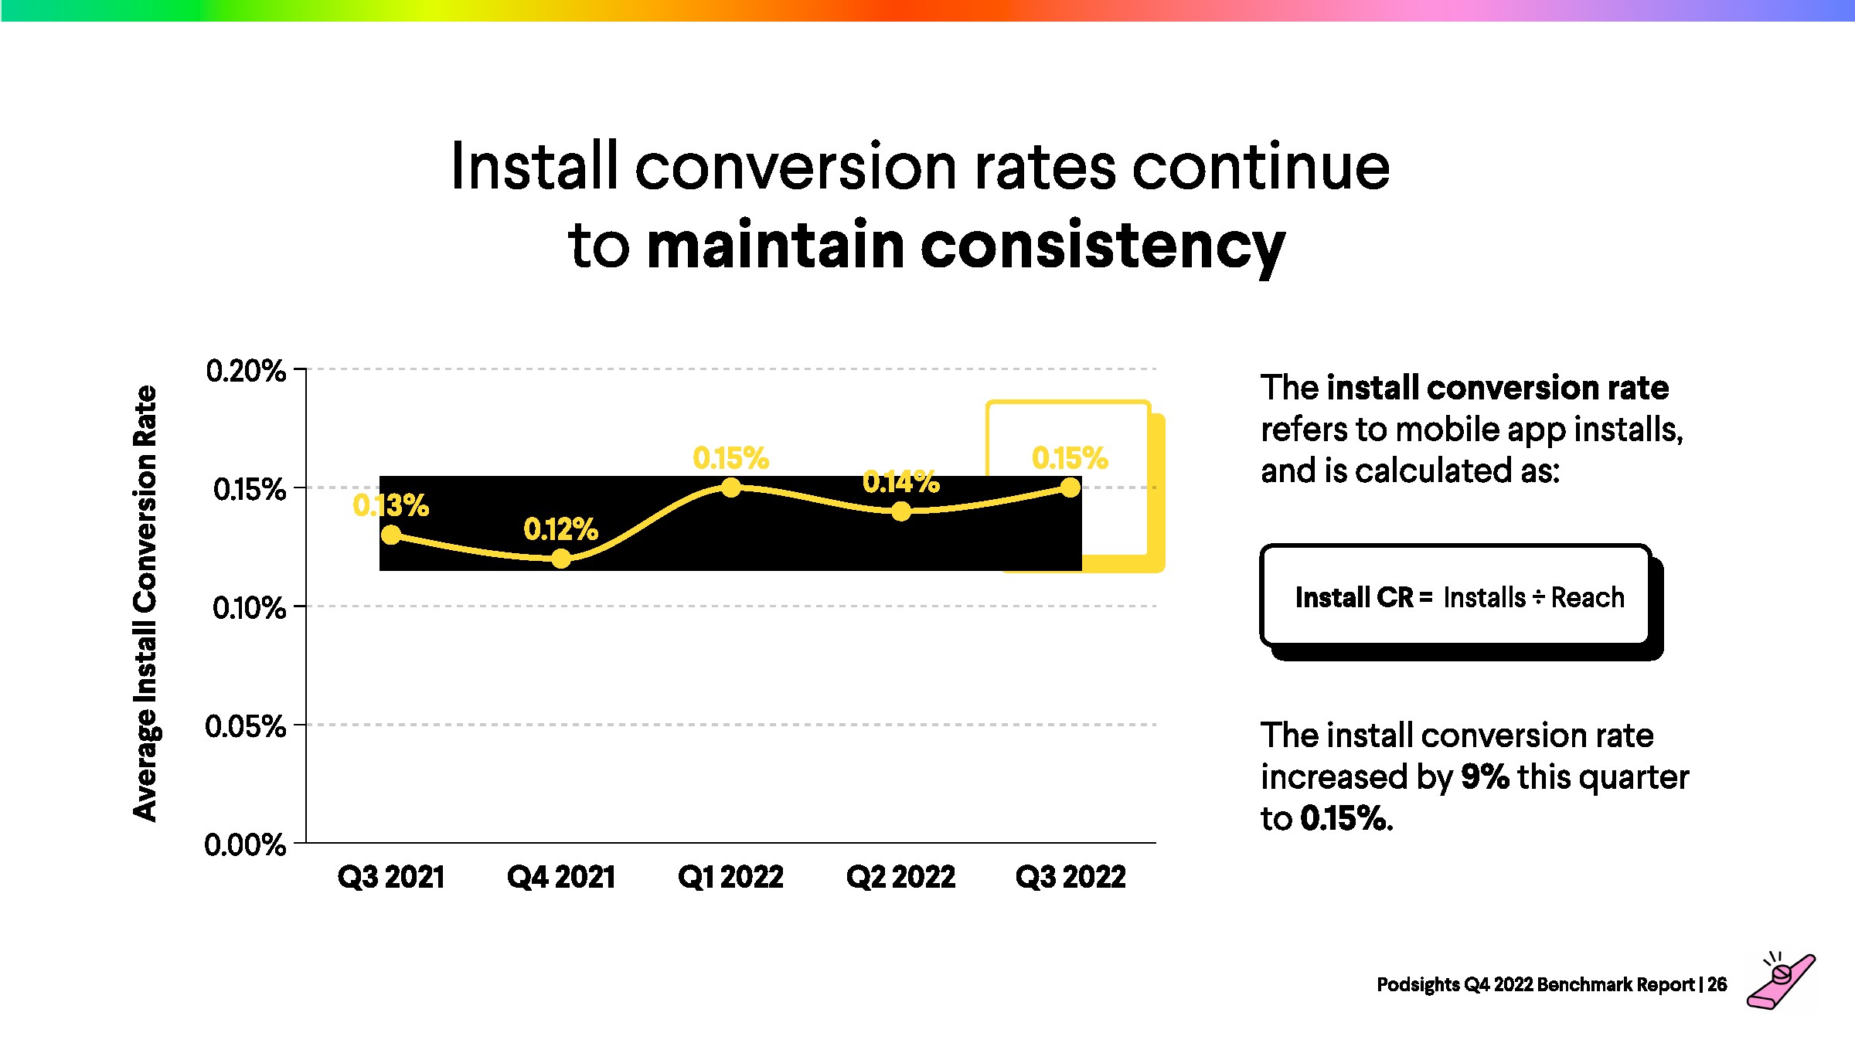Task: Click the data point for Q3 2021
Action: [392, 535]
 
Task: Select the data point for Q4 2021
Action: [561, 559]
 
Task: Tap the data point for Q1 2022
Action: [731, 488]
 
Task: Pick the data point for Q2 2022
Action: [901, 511]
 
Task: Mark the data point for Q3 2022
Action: [1070, 488]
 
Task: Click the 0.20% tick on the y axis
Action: [246, 371]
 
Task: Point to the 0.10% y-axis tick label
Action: [249, 608]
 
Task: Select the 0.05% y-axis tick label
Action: [246, 726]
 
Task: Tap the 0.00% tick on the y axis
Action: [245, 844]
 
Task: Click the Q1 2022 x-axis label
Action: [730, 877]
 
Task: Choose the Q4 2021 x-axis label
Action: [561, 877]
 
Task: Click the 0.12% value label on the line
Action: [561, 530]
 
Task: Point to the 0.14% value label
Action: [901, 483]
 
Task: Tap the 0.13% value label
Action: [391, 506]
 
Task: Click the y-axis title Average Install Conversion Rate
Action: [145, 603]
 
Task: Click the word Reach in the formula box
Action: [1588, 597]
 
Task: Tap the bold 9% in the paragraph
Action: [1485, 776]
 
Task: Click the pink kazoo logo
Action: [1782, 982]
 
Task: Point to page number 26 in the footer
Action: [1717, 984]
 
